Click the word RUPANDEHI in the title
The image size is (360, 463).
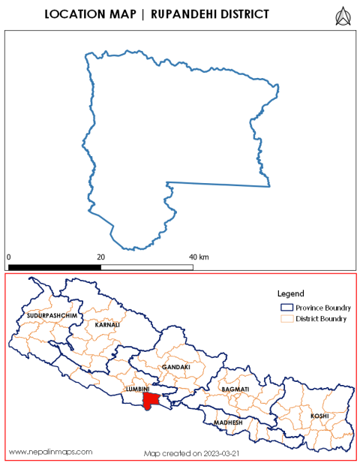pyautogui.click(x=186, y=14)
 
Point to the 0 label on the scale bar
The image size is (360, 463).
pyautogui.click(x=9, y=257)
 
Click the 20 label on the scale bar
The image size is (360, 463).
pyautogui.click(x=101, y=257)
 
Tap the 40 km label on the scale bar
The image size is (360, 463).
pyautogui.click(x=198, y=257)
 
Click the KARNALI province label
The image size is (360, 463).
pyautogui.click(x=106, y=325)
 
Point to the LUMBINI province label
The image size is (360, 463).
pyautogui.click(x=138, y=389)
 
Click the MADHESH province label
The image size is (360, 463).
pyautogui.click(x=228, y=422)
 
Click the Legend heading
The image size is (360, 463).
pyautogui.click(x=289, y=293)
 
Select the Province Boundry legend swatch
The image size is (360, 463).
pyautogui.click(x=285, y=308)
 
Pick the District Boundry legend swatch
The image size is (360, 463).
pyautogui.click(x=285, y=319)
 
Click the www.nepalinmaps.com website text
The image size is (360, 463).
pyautogui.click(x=50, y=451)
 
